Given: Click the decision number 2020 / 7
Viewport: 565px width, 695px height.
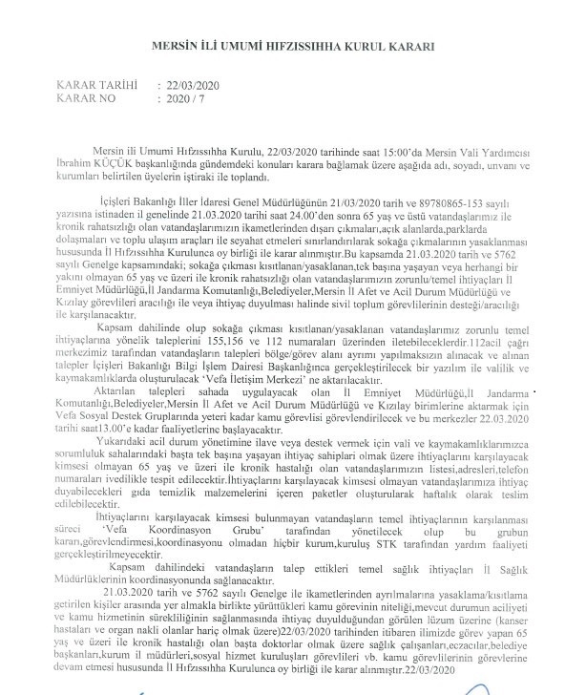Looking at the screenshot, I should pos(187,97).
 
